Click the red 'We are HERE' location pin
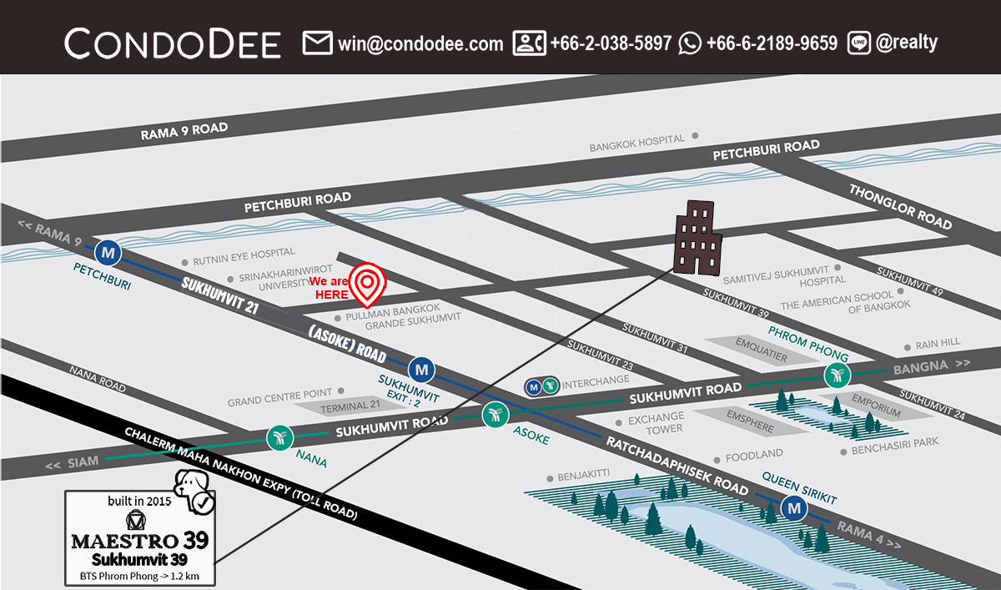tap(366, 284)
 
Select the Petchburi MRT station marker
tap(108, 250)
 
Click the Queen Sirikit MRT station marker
tap(793, 507)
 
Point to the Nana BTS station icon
tap(279, 436)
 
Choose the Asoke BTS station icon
tap(495, 413)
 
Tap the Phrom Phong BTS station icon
tap(837, 376)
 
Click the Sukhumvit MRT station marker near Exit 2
tap(421, 367)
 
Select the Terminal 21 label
tap(345, 406)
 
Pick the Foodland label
tap(753, 456)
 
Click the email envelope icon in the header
tap(318, 43)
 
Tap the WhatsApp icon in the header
tap(690, 43)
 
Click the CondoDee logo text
tap(173, 43)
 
